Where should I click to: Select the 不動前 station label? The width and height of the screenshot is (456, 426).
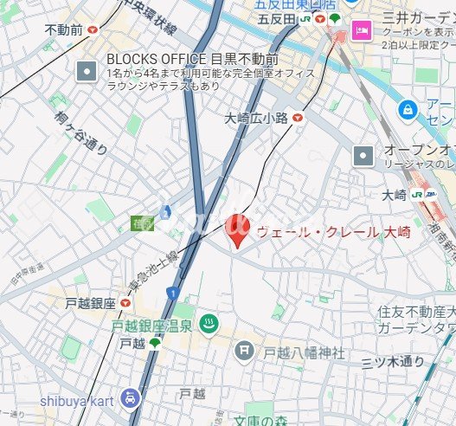coord(64,29)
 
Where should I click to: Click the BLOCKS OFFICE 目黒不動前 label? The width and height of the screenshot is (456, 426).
coord(192,60)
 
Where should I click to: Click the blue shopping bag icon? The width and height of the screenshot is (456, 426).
coord(406,110)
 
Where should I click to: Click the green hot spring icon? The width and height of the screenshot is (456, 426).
coord(209,326)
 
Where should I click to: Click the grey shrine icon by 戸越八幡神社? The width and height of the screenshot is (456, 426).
coord(245,351)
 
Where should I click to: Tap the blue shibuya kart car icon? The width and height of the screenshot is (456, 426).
coord(129,397)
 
